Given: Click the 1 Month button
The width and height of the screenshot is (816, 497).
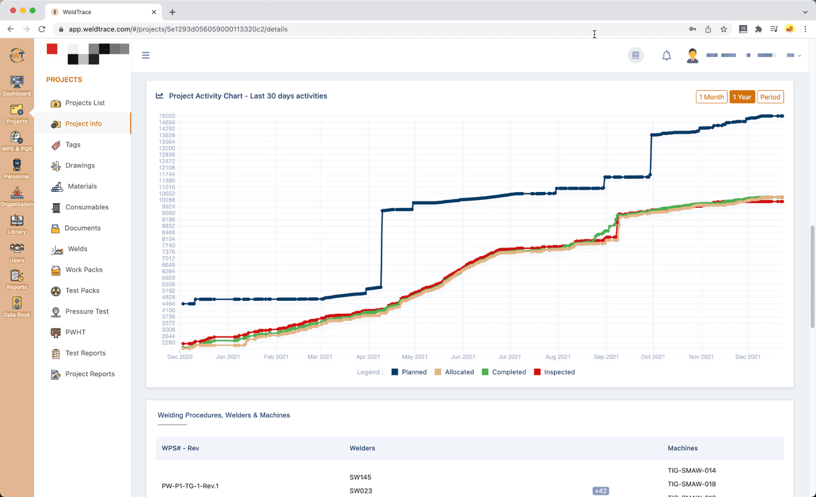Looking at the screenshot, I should [x=711, y=97].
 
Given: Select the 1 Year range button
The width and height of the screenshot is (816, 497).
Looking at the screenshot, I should [x=742, y=97].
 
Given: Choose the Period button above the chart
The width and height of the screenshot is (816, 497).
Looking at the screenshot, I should [x=770, y=97].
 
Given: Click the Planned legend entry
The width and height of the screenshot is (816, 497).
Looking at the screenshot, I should [x=409, y=372].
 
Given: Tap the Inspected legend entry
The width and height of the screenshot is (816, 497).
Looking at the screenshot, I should [x=554, y=372].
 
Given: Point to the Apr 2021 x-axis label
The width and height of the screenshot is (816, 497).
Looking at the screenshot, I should [x=368, y=357].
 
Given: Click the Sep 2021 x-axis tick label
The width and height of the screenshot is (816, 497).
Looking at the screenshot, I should [x=606, y=357].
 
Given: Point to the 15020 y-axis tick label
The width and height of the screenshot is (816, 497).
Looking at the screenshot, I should [x=167, y=116].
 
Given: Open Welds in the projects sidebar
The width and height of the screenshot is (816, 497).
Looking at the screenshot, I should [x=78, y=249].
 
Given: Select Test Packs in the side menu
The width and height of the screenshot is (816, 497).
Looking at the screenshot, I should [x=82, y=291].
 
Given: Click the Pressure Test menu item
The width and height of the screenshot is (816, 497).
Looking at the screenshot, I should [x=87, y=312].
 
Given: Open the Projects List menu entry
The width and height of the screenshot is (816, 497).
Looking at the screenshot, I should [x=85, y=103].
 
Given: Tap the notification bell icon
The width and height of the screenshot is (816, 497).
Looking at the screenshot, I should [x=667, y=56].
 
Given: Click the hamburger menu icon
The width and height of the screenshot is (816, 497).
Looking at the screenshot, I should [x=146, y=56].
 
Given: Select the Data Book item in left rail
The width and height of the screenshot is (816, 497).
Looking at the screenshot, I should [x=17, y=307].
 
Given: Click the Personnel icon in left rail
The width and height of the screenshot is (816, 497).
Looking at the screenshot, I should [x=17, y=169].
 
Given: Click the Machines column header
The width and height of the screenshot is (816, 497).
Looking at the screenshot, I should [x=682, y=448].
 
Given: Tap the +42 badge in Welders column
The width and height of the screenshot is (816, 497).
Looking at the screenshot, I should [x=600, y=491].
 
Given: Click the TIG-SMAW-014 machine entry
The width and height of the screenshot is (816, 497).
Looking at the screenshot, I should [x=692, y=471].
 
